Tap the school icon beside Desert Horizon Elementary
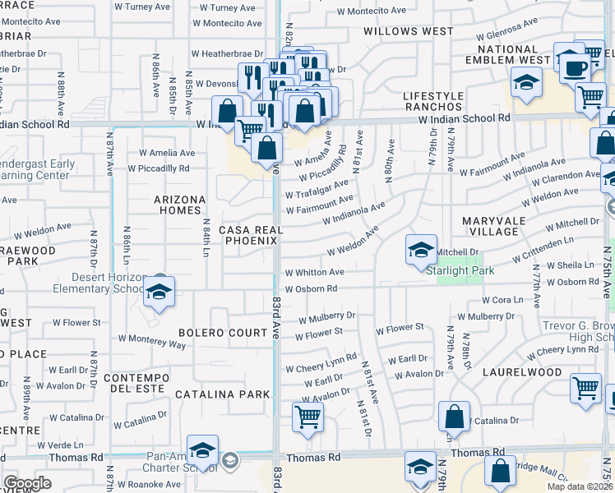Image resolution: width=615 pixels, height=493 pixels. click(159, 292)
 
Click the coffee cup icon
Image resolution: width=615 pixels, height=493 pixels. click(576, 67)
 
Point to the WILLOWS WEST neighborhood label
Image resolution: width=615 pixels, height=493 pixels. click(409, 31)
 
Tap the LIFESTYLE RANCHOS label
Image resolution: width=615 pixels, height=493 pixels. click(432, 102)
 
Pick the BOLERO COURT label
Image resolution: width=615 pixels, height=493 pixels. click(218, 333)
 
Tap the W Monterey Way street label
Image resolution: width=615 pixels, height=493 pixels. click(152, 338)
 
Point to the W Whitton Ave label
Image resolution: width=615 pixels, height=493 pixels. click(314, 272)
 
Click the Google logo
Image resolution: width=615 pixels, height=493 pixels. click(27, 482)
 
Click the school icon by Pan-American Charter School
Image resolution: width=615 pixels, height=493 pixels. click(202, 450)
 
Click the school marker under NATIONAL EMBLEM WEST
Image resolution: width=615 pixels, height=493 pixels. click(525, 81)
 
